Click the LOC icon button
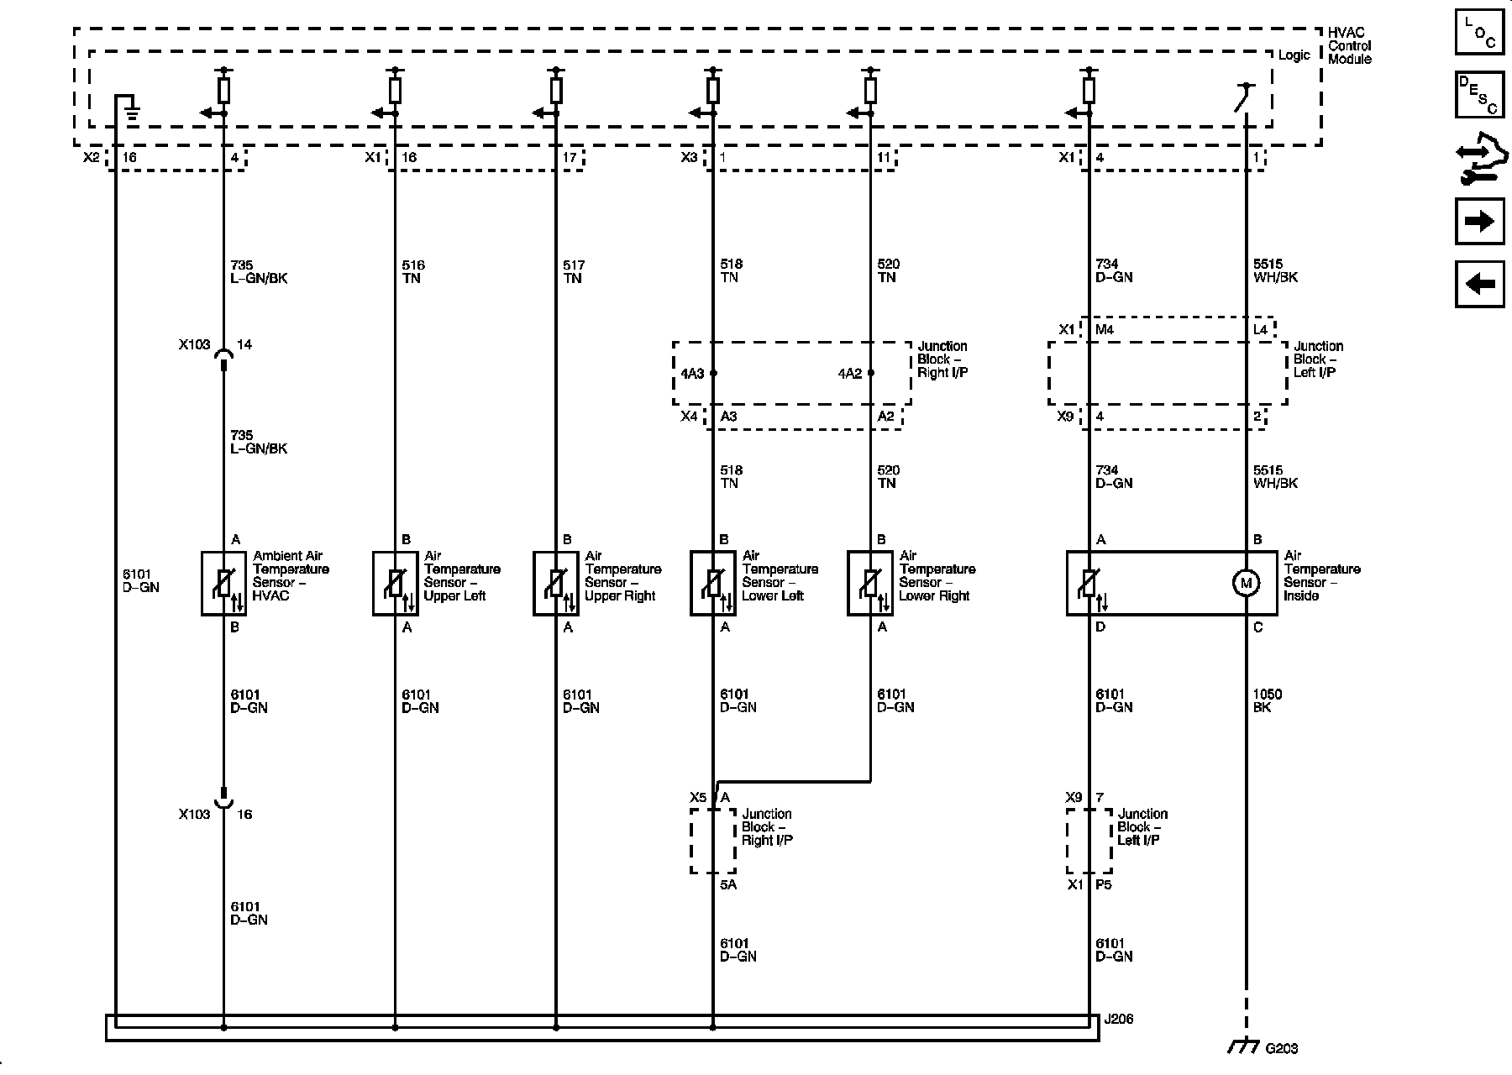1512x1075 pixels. (x=1479, y=33)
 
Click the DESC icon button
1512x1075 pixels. (x=1479, y=95)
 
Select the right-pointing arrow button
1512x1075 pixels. (x=1479, y=221)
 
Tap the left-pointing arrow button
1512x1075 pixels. (x=1479, y=284)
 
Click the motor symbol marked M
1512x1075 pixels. (x=1246, y=583)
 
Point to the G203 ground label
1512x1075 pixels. (x=1281, y=1048)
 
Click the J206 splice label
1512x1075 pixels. (x=1118, y=1019)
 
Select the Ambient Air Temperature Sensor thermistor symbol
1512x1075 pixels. (x=224, y=583)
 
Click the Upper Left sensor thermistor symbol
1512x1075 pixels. (x=396, y=583)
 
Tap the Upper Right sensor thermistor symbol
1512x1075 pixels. (x=556, y=583)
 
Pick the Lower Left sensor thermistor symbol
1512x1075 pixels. (x=713, y=583)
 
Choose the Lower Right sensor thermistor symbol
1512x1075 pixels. (x=870, y=583)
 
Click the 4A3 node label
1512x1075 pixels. (x=692, y=373)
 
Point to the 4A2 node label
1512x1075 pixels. (x=850, y=373)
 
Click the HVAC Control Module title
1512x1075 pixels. (x=1349, y=45)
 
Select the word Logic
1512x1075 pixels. (x=1294, y=55)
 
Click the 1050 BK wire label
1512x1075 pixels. (x=1267, y=700)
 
